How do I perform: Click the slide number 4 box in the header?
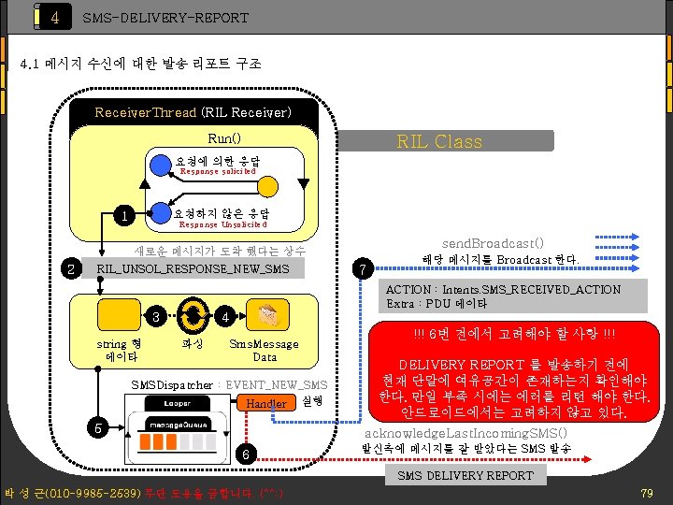55,18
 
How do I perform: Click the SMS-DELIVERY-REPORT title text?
165,18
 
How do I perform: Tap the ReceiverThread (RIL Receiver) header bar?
193,112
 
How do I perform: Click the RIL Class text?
439,141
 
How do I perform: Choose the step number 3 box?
158,316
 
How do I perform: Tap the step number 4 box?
224,316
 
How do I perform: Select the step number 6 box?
244,455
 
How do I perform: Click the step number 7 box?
365,269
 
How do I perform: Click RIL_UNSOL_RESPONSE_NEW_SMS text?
193,270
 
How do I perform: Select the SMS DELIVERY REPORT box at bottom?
465,476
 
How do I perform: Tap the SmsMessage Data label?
265,350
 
